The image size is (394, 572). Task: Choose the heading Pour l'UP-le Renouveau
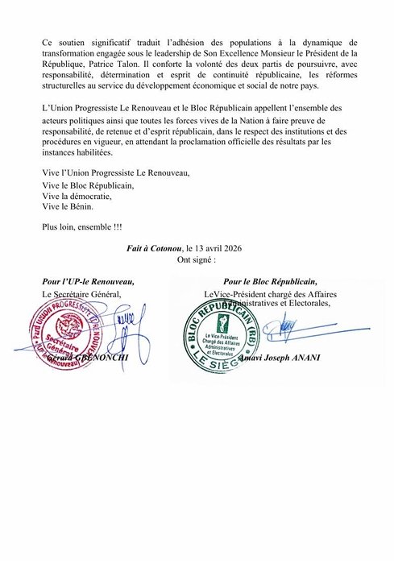(x=88, y=282)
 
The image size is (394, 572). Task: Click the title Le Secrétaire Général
(x=81, y=294)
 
